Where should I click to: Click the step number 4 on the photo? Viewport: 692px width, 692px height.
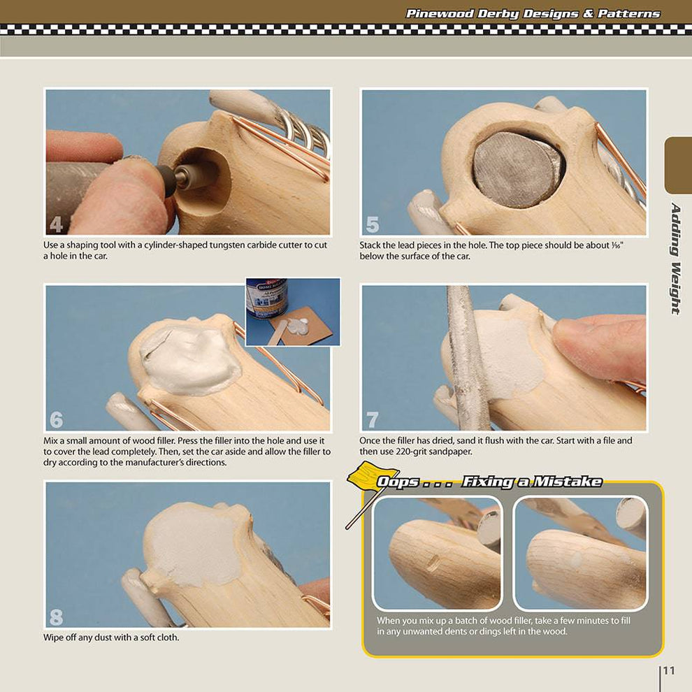(56, 224)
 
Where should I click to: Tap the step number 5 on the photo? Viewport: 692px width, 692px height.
(373, 224)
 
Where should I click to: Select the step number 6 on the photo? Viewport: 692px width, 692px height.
(56, 419)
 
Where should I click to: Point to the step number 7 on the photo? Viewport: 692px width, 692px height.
(373, 419)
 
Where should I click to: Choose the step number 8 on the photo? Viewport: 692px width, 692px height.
(56, 617)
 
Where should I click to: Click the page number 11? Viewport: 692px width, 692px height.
(669, 670)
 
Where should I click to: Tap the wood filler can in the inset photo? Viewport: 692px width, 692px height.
(266, 298)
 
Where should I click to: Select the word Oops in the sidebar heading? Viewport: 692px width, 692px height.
(397, 482)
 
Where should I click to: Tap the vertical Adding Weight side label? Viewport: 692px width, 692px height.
(675, 259)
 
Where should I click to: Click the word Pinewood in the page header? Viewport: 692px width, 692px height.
(439, 14)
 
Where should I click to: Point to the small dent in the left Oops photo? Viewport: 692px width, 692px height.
(433, 562)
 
